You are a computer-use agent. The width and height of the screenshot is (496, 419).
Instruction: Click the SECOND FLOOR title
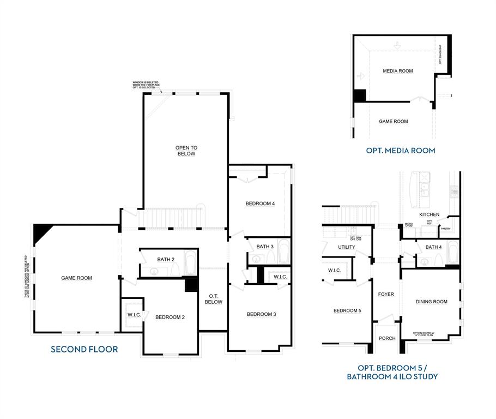click(x=84, y=349)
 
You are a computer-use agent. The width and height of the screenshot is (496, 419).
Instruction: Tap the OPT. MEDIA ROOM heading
click(x=401, y=151)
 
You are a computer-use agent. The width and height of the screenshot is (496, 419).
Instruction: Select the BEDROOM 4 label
click(x=260, y=203)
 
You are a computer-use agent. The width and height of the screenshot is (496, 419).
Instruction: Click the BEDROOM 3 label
click(x=261, y=314)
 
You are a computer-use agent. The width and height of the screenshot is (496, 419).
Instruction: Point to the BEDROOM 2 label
click(x=170, y=317)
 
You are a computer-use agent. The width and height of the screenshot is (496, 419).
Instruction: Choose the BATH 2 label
click(x=166, y=259)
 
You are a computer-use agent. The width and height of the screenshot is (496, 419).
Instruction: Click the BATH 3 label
click(x=265, y=247)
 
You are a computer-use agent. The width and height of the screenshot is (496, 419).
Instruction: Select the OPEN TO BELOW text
click(x=185, y=151)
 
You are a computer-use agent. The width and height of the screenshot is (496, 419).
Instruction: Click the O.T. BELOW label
click(x=213, y=298)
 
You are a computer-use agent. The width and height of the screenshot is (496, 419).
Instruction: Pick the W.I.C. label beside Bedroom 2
click(x=134, y=314)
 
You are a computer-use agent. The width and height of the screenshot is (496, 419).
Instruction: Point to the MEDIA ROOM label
click(x=397, y=71)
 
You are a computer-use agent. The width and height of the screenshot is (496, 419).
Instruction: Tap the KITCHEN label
click(x=430, y=214)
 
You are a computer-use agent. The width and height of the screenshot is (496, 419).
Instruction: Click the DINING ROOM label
click(x=431, y=301)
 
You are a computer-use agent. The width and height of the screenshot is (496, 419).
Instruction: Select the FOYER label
click(x=386, y=294)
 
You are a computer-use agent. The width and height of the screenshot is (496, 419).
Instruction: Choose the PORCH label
click(x=387, y=338)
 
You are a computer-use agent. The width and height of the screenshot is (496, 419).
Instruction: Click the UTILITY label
click(x=346, y=247)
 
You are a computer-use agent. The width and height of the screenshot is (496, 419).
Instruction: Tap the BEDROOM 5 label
click(x=347, y=310)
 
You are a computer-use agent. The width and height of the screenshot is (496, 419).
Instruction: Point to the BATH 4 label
click(x=433, y=247)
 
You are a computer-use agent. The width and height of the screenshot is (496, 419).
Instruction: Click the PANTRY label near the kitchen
click(x=445, y=229)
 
